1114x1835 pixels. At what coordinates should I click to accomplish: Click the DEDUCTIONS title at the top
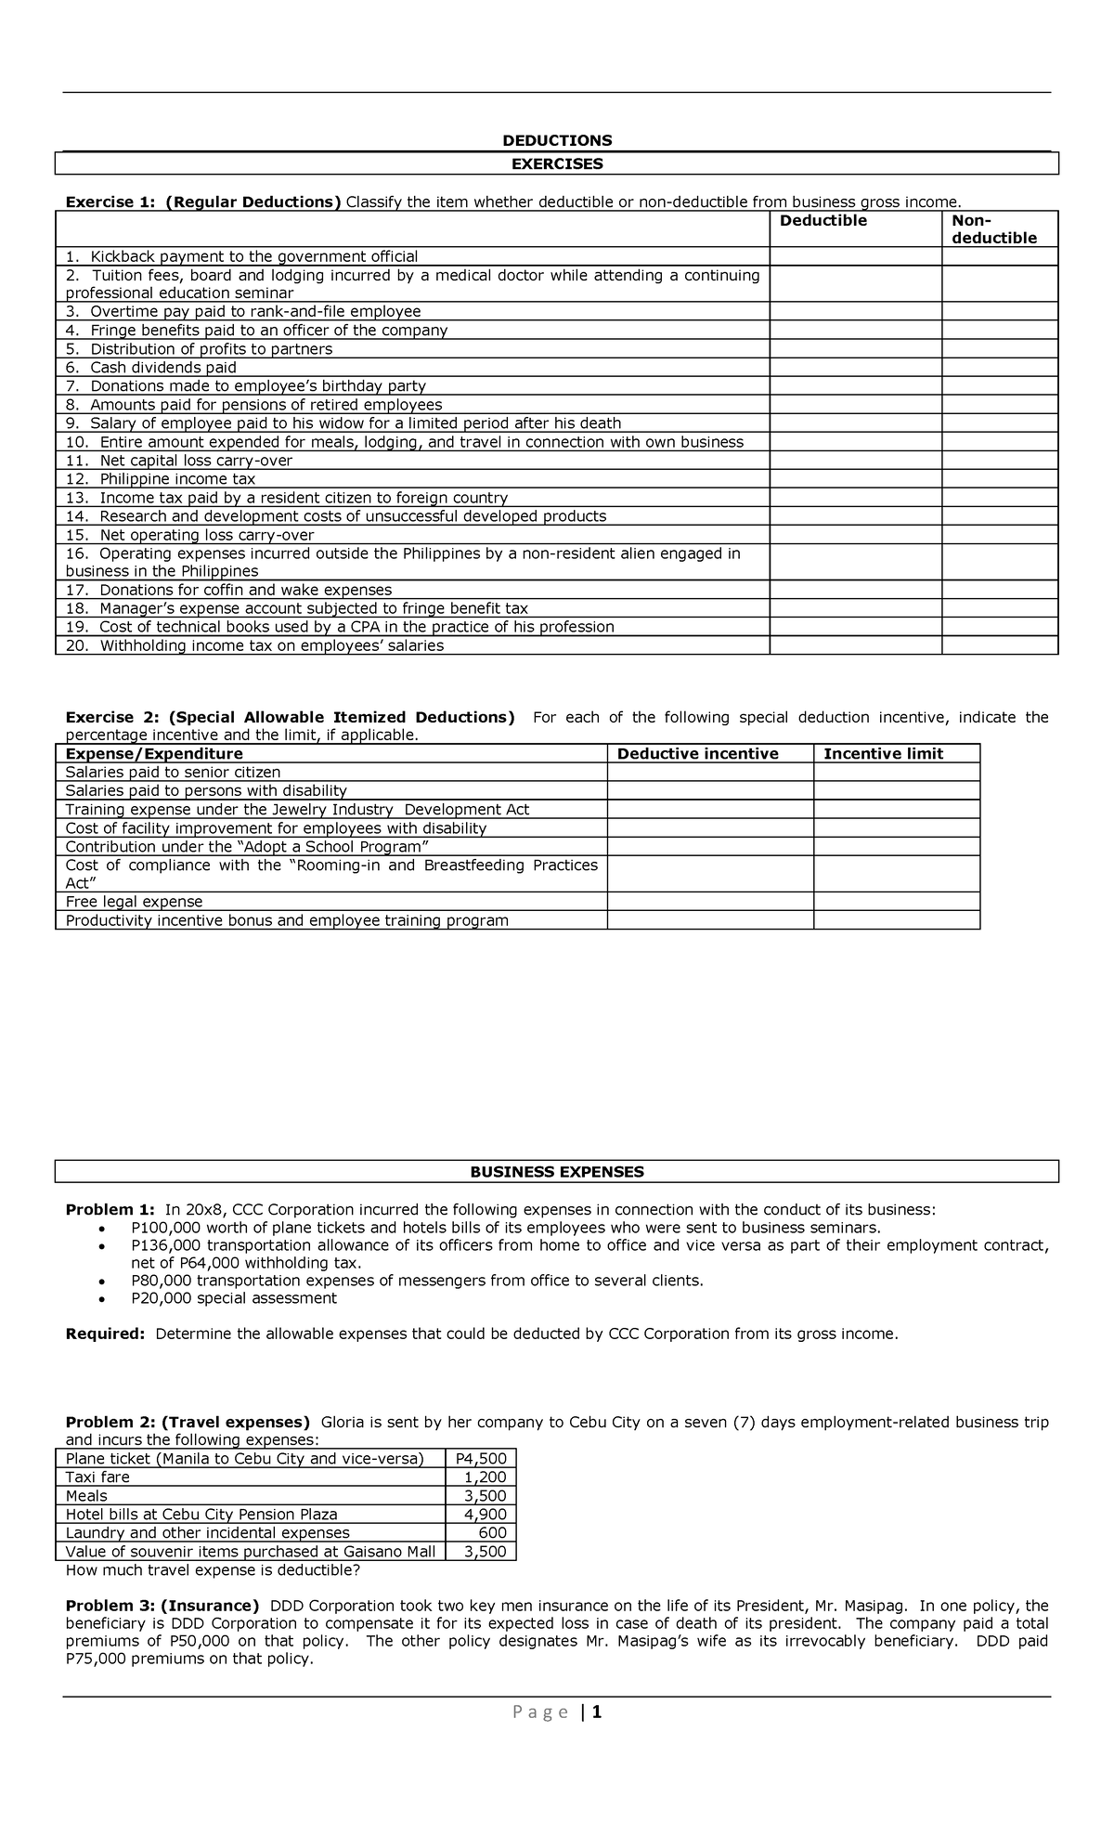point(557,140)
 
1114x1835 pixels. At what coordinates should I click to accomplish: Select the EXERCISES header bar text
point(557,164)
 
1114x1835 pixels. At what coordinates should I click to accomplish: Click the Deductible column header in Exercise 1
point(823,221)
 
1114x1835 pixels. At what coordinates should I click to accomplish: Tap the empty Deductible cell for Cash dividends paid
point(855,368)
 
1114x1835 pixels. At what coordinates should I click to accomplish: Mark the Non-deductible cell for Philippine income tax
point(1000,479)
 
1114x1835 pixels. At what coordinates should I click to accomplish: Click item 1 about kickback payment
point(241,256)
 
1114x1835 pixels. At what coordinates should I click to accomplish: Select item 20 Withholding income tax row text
point(254,645)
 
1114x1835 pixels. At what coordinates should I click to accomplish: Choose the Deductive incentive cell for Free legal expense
point(710,902)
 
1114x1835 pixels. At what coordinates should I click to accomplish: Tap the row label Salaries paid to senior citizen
point(173,773)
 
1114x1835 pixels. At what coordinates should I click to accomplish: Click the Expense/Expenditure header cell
point(154,754)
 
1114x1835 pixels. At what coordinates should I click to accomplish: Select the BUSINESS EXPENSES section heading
point(557,1172)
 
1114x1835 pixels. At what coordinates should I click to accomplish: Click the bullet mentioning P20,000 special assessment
point(234,1298)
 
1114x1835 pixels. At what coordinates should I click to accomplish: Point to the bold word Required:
point(105,1334)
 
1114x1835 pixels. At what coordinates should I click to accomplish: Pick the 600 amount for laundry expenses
point(492,1533)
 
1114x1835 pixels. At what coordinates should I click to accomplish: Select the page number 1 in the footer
point(597,1712)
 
